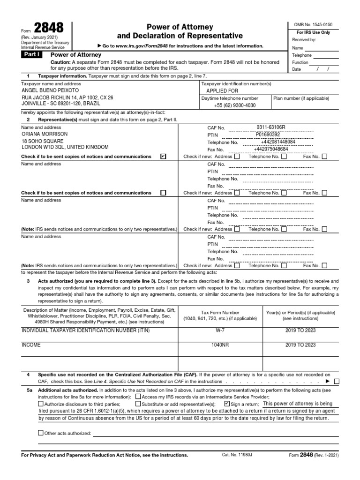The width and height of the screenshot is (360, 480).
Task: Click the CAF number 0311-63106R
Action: click(270, 127)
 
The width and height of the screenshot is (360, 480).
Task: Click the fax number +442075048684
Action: click(270, 149)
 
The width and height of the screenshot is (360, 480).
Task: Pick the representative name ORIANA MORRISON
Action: click(45, 134)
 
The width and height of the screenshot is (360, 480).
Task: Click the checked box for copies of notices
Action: click(163, 156)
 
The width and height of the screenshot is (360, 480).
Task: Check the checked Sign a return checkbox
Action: click(227, 403)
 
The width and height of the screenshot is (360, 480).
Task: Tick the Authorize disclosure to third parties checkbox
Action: click(41, 403)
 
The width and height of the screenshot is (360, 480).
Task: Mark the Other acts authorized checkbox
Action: click(41, 433)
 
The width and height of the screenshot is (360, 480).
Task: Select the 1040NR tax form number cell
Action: click(219, 345)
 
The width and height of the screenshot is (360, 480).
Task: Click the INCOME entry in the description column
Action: click(31, 345)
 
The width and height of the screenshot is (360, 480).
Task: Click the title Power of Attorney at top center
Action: click(180, 27)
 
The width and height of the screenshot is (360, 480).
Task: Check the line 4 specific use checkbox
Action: click(337, 382)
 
